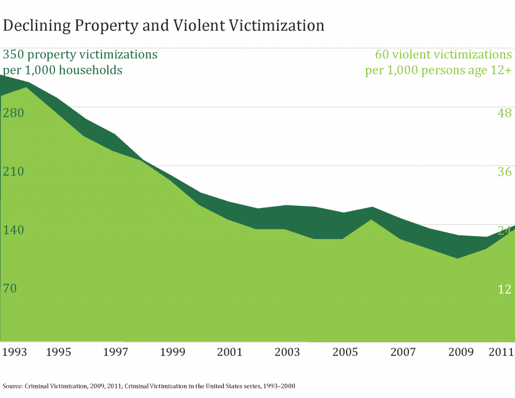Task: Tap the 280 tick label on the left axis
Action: click(x=14, y=113)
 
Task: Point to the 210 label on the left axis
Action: click(x=14, y=172)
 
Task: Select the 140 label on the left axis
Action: click(x=14, y=230)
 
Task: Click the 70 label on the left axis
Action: click(x=10, y=289)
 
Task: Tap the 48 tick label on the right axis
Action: click(x=504, y=113)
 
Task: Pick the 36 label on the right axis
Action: click(x=504, y=172)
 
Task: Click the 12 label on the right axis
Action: click(x=504, y=289)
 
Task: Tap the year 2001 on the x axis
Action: click(x=229, y=352)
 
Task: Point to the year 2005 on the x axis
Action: click(x=345, y=352)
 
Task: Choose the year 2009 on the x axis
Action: click(x=460, y=352)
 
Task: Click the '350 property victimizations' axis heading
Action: click(x=80, y=54)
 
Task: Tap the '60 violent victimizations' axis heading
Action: click(x=444, y=54)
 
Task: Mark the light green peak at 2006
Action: click(x=371, y=220)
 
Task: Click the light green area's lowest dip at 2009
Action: click(x=457, y=259)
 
